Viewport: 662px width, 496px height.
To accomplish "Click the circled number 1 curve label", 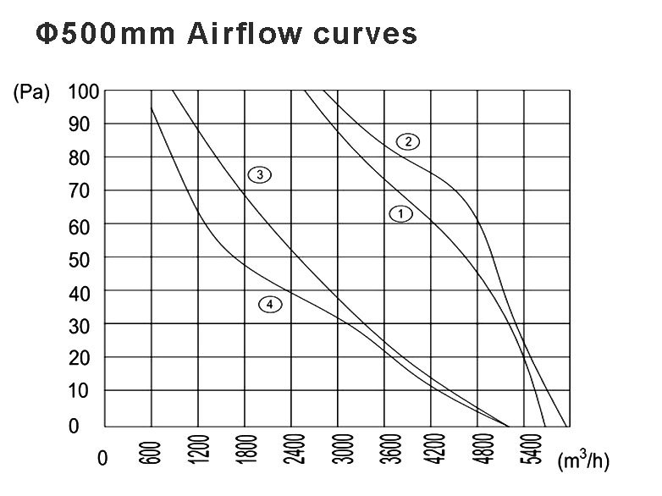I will [400, 214].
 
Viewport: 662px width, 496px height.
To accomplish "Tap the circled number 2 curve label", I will [408, 141].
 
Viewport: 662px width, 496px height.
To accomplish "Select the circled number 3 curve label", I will [259, 174].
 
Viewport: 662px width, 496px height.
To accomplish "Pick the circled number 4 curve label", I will [269, 304].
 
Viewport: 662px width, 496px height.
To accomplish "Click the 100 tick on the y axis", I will [84, 91].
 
